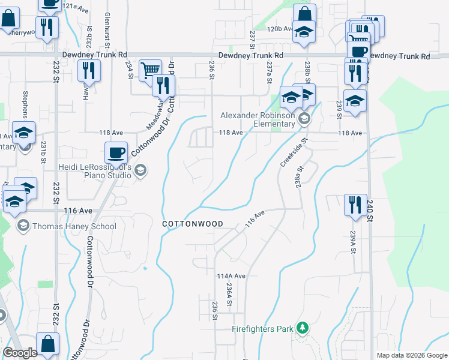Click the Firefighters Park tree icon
303,328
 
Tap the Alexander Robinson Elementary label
258,120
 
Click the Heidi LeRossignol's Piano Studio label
95,171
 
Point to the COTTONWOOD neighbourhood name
193,224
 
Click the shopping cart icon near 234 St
150,71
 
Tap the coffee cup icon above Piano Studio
116,152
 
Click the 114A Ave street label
232,276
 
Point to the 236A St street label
229,295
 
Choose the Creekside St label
294,152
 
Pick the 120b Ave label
280,28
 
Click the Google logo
20,353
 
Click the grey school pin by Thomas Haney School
23,226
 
